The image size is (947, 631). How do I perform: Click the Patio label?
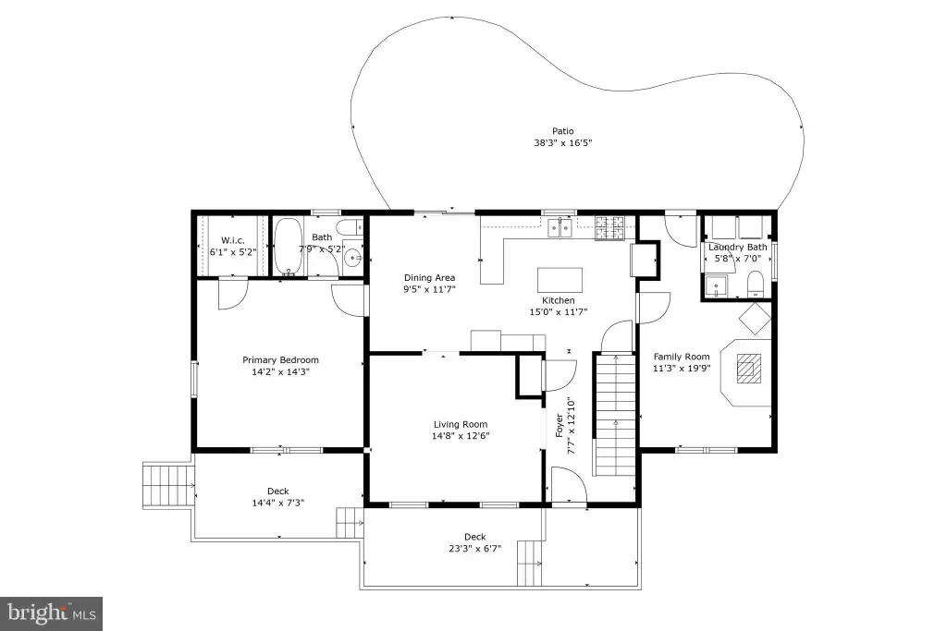pyautogui.click(x=563, y=131)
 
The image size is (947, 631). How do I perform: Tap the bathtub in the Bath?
pyautogui.click(x=289, y=246)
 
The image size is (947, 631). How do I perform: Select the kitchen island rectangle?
pyautogui.click(x=560, y=280)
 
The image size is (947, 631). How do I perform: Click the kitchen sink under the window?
pyautogui.click(x=560, y=228)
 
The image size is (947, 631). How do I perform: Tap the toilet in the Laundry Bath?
pyautogui.click(x=756, y=285)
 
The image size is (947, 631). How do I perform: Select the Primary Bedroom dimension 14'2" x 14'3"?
pyautogui.click(x=281, y=372)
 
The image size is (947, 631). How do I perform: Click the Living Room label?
pyautogui.click(x=461, y=424)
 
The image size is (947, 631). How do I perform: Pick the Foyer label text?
pyautogui.click(x=560, y=425)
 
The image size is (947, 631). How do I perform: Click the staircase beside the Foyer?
pyautogui.click(x=615, y=415)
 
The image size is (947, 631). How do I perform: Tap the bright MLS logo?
pyautogui.click(x=52, y=614)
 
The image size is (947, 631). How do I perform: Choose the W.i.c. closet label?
pyautogui.click(x=232, y=240)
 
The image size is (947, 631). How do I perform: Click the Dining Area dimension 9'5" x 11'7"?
pyautogui.click(x=429, y=289)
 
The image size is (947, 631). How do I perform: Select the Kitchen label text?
pyautogui.click(x=558, y=300)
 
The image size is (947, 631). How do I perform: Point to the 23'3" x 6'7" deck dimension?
pyautogui.click(x=474, y=549)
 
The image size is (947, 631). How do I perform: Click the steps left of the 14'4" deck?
pyautogui.click(x=167, y=486)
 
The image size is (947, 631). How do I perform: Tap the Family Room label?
pyautogui.click(x=682, y=357)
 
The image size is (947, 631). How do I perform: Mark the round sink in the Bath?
pyautogui.click(x=352, y=259)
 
